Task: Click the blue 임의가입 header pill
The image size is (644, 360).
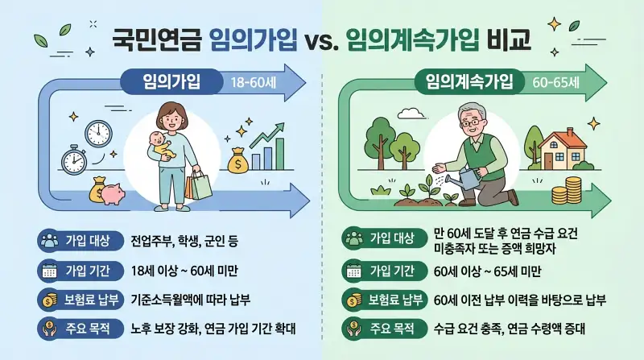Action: (171, 81)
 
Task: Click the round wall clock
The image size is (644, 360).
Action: (99, 133)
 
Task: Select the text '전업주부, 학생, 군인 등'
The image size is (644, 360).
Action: (184, 240)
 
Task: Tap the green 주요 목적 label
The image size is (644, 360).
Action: (384, 329)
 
